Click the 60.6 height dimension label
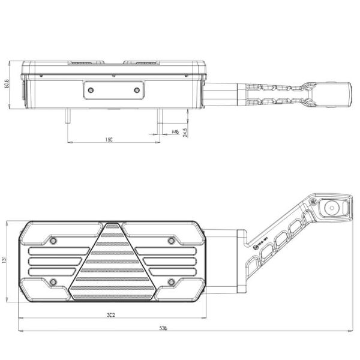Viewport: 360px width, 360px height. [7, 85]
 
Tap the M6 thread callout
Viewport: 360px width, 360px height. [175, 131]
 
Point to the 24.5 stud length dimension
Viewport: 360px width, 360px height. [185, 131]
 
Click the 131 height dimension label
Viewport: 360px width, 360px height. [5, 260]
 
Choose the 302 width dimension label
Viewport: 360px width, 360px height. [110, 313]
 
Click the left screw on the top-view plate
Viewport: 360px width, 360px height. [91, 90]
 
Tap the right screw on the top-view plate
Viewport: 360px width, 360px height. [137, 90]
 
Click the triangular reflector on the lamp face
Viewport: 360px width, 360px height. [110, 264]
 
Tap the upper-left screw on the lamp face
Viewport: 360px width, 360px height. [53, 241]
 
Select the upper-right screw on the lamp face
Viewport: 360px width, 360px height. [171, 241]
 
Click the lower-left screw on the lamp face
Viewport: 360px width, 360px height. [53, 281]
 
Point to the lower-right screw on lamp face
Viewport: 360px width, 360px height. [171, 281]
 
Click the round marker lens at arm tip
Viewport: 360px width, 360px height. [331, 208]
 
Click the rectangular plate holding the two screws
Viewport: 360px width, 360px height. [114, 90]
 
